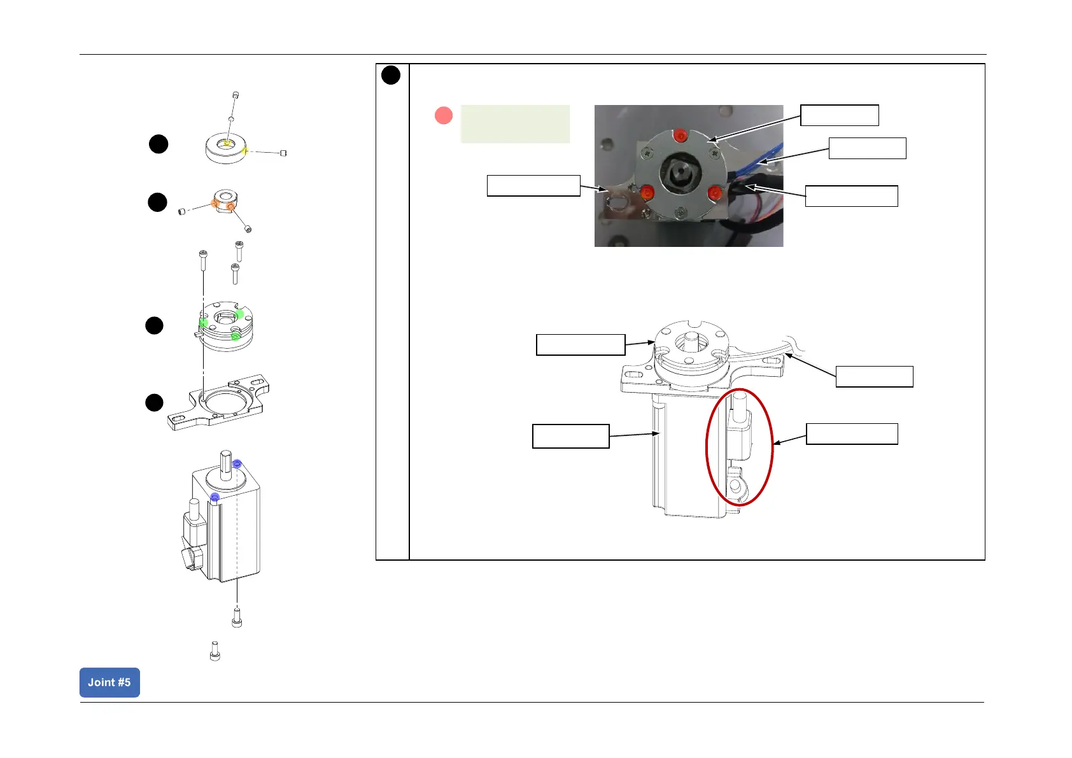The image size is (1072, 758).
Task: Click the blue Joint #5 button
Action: (x=109, y=682)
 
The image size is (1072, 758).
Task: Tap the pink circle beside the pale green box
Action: (x=443, y=116)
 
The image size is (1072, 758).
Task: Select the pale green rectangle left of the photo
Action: (x=515, y=123)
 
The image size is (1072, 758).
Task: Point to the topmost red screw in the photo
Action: (x=681, y=135)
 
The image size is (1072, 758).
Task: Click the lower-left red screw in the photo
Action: (x=647, y=192)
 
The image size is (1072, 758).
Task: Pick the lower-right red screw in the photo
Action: (x=714, y=192)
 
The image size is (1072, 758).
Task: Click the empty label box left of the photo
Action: (x=533, y=185)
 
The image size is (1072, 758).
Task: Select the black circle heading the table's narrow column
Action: (x=391, y=75)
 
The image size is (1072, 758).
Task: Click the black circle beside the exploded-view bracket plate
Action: (x=154, y=403)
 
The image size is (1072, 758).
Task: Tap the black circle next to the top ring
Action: (x=159, y=144)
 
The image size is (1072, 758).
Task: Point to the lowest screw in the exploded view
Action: (x=215, y=651)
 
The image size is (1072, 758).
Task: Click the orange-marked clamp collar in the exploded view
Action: (x=225, y=202)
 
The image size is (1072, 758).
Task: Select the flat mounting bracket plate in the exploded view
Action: (x=218, y=403)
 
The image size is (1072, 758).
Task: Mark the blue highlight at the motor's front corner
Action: (x=215, y=497)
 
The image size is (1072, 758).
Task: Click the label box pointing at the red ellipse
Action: (x=852, y=433)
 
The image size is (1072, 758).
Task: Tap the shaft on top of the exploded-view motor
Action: (x=227, y=461)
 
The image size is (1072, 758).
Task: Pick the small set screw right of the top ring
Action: (x=283, y=153)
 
